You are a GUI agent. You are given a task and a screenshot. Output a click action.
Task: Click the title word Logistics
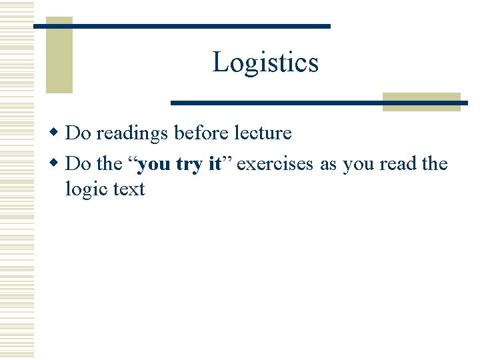tap(265, 63)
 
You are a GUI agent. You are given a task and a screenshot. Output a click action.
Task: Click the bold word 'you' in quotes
tap(155, 165)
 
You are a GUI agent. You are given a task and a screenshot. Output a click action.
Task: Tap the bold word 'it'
tap(214, 164)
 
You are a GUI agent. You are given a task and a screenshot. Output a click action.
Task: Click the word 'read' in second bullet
tap(398, 164)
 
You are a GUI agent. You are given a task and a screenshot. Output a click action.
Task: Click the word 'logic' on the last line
tap(86, 190)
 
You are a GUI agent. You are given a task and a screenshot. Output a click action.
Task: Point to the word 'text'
tap(129, 189)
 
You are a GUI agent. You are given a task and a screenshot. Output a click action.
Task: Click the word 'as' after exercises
tap(328, 165)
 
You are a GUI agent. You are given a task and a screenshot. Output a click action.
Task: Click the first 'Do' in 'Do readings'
tap(78, 133)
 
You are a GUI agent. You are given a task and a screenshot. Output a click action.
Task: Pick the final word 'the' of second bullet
tap(435, 164)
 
